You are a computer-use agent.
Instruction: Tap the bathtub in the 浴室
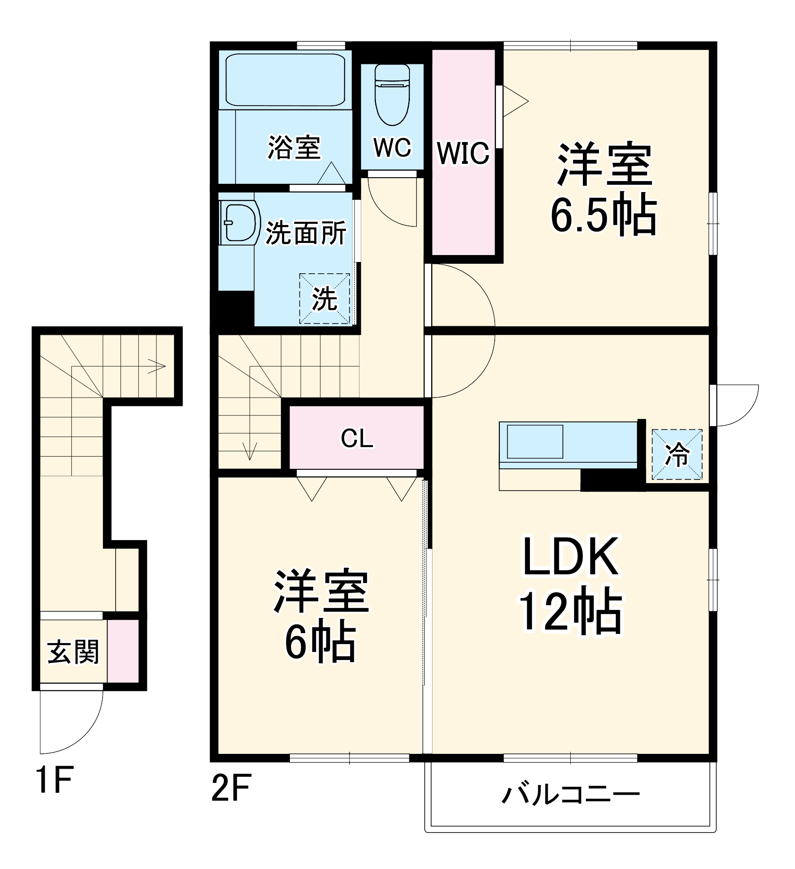[285, 80]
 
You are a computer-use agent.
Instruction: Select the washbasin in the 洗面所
[239, 222]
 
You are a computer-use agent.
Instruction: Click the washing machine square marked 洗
[324, 299]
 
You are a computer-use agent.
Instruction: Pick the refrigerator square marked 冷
[677, 454]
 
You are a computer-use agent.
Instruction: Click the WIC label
[463, 153]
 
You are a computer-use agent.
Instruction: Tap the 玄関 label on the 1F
[73, 652]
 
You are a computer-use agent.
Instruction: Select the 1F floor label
[54, 780]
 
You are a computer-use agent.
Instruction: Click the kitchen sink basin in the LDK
[535, 441]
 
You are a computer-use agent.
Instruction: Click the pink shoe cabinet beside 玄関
[123, 651]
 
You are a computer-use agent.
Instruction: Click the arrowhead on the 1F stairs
[158, 366]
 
